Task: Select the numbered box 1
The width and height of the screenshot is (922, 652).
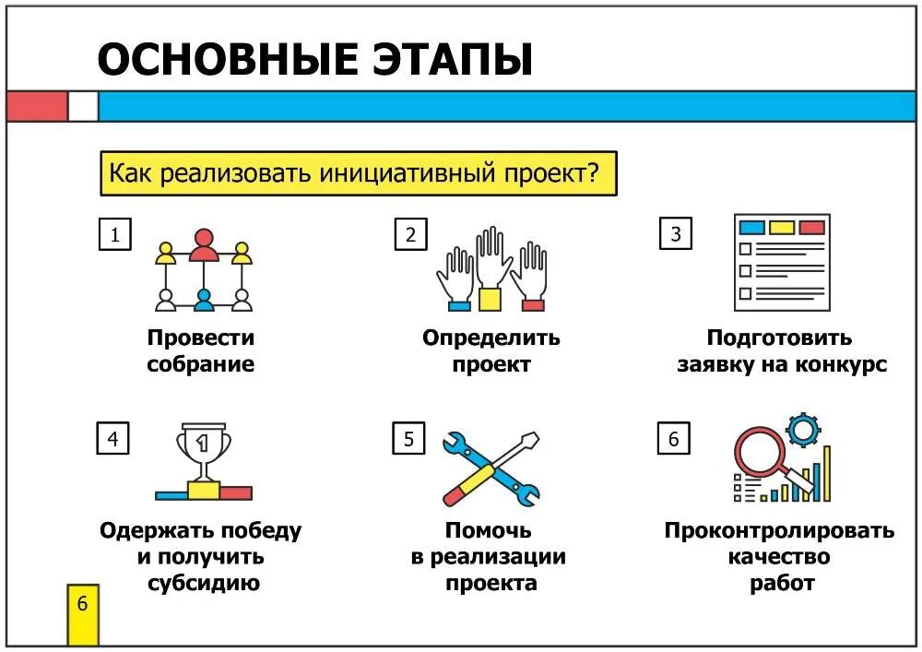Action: tap(114, 234)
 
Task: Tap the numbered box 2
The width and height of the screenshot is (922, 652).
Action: tap(410, 234)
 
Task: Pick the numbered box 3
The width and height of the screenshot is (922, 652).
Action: tap(676, 234)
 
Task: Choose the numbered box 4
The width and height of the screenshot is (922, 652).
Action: tap(112, 438)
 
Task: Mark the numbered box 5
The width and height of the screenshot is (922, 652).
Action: tap(408, 439)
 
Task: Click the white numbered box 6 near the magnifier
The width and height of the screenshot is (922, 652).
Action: tap(673, 439)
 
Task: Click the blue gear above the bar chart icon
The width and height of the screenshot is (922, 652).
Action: tap(804, 430)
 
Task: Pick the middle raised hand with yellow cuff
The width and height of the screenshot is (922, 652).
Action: tap(491, 267)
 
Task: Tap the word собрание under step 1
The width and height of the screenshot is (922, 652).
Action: tap(200, 363)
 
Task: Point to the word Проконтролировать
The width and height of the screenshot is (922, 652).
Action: tap(779, 531)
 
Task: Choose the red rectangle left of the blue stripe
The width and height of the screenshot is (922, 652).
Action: tap(37, 106)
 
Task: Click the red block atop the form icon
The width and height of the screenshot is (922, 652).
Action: tap(811, 227)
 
